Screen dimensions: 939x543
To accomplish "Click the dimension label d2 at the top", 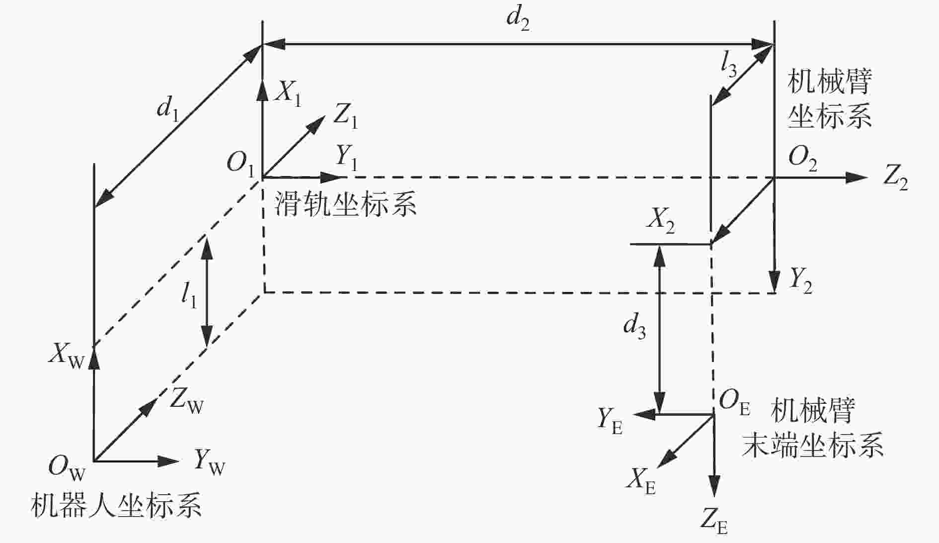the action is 518,20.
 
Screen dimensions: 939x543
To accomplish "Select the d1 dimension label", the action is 167,109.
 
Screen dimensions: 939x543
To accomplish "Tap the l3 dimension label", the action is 729,66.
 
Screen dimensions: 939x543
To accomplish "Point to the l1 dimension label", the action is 189,296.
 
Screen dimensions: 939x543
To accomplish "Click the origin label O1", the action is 240,163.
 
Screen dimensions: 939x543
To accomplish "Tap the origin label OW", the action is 67,467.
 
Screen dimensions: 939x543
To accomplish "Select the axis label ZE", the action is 714,522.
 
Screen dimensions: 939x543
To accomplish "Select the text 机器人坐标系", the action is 116,505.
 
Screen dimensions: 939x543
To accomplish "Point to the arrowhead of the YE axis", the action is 643,414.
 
